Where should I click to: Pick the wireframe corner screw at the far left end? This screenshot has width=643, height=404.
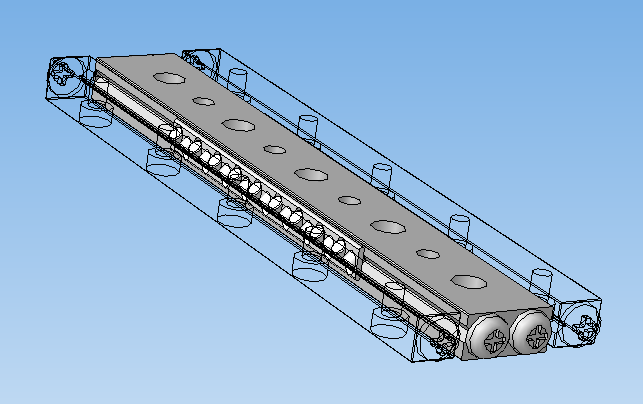coord(66,75)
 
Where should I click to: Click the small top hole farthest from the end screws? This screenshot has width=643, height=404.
coord(203,101)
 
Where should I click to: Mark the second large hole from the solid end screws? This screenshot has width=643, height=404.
coord(387,225)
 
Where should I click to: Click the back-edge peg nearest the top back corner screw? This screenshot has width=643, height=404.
coord(238,81)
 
